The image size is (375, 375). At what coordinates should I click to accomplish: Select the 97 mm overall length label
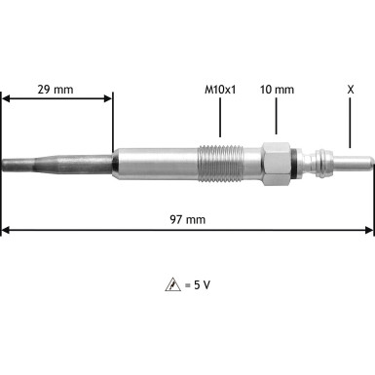[x=189, y=220]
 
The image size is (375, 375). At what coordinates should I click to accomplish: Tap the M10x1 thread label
[x=221, y=89]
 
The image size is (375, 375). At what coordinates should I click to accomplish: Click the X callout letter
[x=350, y=89]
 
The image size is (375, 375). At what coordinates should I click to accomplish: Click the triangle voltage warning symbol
[x=171, y=285]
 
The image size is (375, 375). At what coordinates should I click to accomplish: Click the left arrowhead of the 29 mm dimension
[x=6, y=97]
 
